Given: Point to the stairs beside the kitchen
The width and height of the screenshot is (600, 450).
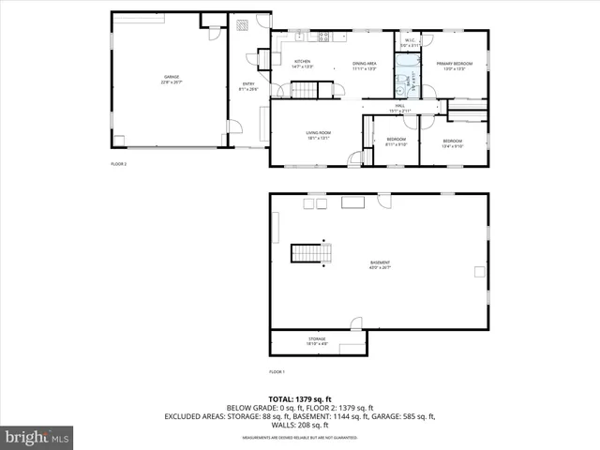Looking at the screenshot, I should coord(304,90).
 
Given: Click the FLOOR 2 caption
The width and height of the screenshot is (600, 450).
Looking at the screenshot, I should coord(118,164).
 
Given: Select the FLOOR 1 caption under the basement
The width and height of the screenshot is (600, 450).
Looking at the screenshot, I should coord(277,372).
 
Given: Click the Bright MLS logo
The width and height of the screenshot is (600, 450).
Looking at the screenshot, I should coord(37,437).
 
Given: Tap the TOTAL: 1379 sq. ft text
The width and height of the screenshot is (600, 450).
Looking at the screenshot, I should coord(299,399).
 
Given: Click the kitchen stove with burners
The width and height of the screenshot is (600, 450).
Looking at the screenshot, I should coord(323,37).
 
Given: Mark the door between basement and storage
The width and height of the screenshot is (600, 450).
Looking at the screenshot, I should coord(355,324).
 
